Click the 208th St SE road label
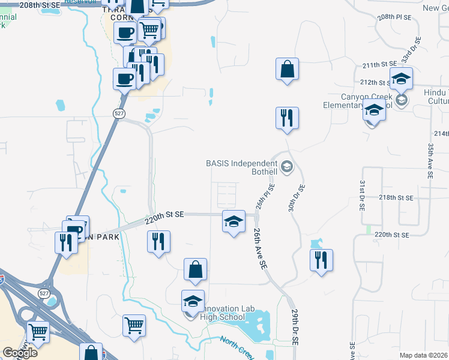pos(40,4)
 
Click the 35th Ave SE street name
pos(430,161)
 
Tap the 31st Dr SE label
pos(362,194)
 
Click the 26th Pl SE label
pos(263,195)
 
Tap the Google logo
pos(20,353)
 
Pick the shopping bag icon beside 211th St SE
pos(288,69)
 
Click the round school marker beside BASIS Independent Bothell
pos(287,167)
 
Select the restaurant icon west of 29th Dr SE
pos(322,260)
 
